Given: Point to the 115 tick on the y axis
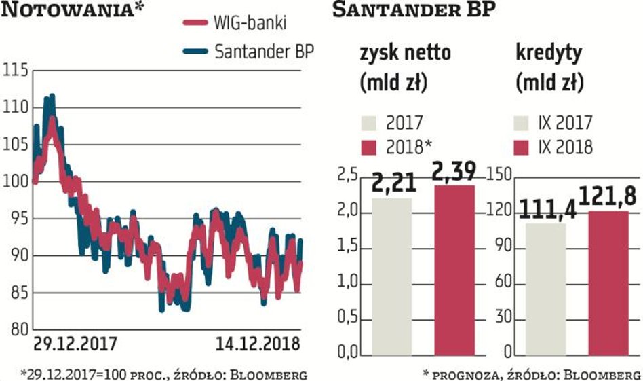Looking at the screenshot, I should click(x=16, y=71).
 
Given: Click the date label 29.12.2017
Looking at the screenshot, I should click(x=76, y=344).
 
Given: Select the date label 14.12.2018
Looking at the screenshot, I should click(x=257, y=344).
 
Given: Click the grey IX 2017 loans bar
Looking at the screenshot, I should click(x=546, y=288).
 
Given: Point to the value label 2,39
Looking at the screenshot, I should click(x=454, y=170).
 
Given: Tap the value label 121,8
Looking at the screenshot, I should click(x=608, y=197).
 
